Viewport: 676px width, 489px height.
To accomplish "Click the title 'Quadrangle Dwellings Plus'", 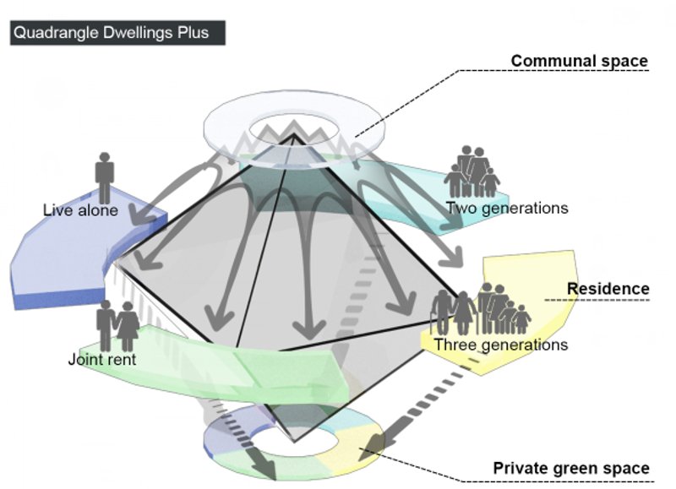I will (117, 33).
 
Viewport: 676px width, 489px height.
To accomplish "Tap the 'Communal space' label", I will (579, 61).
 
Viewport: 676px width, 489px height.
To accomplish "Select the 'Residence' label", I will (608, 289).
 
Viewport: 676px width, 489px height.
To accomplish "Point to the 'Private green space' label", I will (571, 468).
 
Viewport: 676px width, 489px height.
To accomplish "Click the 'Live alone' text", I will (80, 209).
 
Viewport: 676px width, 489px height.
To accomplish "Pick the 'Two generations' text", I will (506, 208).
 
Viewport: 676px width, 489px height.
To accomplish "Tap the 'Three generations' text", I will (501, 345).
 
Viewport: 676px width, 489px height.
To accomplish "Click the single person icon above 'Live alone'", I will (104, 177).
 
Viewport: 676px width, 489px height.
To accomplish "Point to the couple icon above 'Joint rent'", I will (117, 326).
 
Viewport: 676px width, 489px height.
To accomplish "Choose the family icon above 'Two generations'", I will (472, 172).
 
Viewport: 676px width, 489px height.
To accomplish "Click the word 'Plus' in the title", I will (201, 33).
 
